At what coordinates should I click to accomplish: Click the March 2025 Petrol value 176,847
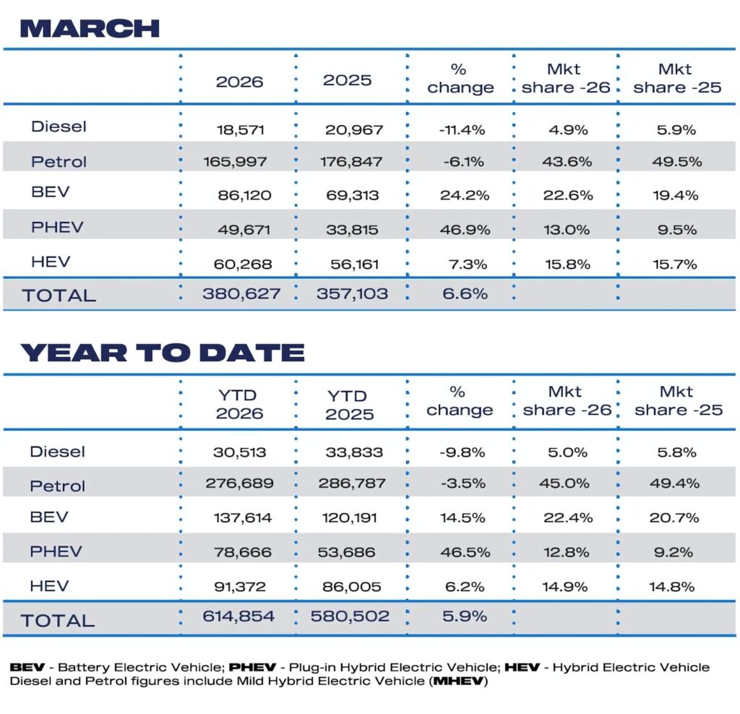point(351,162)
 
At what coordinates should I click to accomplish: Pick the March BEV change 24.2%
point(460,196)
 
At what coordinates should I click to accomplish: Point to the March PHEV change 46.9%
point(460,230)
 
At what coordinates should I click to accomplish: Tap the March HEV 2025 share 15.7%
point(674,264)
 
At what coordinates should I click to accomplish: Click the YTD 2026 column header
point(239,405)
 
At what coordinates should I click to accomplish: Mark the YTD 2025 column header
point(350,405)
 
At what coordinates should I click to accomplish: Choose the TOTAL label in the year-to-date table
point(58,620)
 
